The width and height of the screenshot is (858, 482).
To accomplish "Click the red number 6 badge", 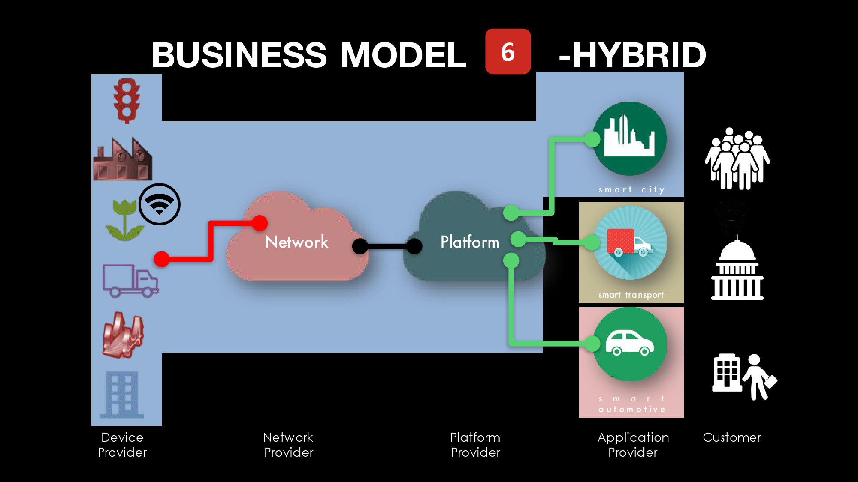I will (x=508, y=51).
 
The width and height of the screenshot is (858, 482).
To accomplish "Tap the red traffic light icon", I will (x=127, y=101).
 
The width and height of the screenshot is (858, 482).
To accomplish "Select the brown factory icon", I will (x=123, y=159).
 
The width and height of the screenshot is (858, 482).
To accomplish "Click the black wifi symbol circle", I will (x=160, y=204).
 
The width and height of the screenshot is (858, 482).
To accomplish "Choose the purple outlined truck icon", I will (x=130, y=281).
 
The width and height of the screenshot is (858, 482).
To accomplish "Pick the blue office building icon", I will (x=122, y=394).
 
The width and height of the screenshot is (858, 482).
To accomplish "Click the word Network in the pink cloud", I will (x=297, y=242).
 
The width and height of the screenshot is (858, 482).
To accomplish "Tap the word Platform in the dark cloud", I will (x=470, y=242).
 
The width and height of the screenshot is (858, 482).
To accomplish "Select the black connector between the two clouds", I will (x=387, y=246).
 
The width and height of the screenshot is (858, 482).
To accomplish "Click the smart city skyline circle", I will (x=629, y=138).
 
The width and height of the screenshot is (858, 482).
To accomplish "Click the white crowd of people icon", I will (x=737, y=159).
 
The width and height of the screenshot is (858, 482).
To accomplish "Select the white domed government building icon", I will (x=737, y=270).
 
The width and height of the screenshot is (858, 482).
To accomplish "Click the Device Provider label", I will (x=122, y=445).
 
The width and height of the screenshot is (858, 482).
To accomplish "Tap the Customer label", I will (x=732, y=437).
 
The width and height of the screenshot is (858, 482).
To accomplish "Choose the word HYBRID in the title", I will (x=639, y=55).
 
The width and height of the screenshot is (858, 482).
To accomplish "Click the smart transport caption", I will (x=631, y=295).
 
